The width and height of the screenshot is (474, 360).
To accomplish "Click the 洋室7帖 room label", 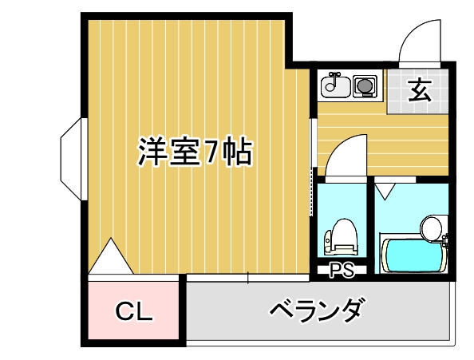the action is tap(195, 152).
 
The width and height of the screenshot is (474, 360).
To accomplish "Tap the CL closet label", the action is tap(134, 311).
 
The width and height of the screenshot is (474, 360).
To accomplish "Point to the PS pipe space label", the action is tap(342, 270).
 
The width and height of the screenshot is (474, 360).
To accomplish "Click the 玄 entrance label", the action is tap(419, 90).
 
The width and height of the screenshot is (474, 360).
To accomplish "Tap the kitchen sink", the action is tap(335, 86).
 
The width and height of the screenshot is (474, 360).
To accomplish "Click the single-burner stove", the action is tap(365, 86).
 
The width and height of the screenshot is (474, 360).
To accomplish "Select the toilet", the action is tap(341, 237).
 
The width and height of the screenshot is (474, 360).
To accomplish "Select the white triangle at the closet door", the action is tap(111, 256).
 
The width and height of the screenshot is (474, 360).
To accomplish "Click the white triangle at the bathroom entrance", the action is tap(385, 192).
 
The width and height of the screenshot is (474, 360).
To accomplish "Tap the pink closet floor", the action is tap(133, 311).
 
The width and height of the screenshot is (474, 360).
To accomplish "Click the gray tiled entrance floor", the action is tap(418, 91).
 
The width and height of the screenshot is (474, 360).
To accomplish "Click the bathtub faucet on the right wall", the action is tap(444, 239).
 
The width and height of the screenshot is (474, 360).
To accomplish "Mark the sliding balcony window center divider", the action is tap(248, 278).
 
